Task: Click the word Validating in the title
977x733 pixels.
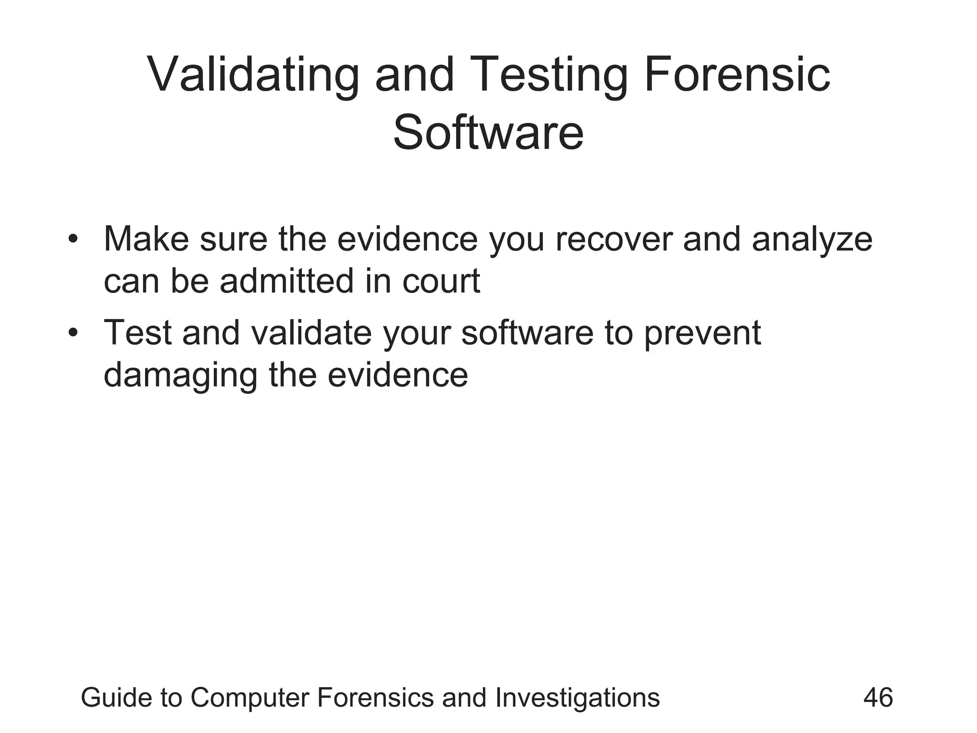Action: [x=253, y=75]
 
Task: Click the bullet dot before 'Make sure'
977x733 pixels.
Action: [x=73, y=238]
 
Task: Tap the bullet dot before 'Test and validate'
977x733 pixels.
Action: [x=73, y=332]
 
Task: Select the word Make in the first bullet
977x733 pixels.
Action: [x=146, y=239]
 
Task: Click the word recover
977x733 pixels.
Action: [x=614, y=239]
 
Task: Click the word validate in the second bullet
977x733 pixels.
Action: [x=311, y=333]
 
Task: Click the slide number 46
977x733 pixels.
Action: [x=878, y=698]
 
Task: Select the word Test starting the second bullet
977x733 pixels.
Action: [x=138, y=333]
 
